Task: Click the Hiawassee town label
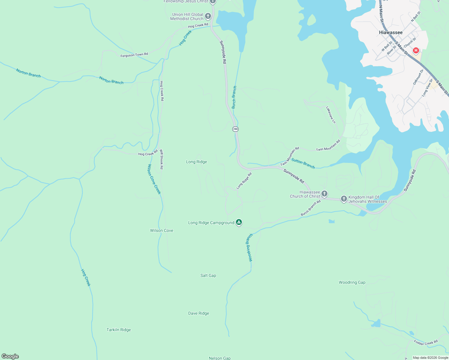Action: [390, 32]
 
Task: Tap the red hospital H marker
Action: [416, 50]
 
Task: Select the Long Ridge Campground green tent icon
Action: [239, 222]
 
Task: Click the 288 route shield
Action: [235, 129]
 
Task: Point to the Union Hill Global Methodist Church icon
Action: [208, 16]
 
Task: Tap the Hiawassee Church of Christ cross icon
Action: [324, 194]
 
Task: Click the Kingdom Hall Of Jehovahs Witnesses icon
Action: [344, 199]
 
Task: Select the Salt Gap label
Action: [208, 275]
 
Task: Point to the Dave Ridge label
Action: [198, 313]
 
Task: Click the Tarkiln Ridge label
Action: [119, 330]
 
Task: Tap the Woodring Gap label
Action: [352, 282]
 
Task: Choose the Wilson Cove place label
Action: [161, 230]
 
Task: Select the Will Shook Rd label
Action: [161, 159]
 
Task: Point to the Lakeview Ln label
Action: [331, 115]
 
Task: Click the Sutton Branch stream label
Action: [303, 164]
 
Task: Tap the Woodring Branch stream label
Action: [249, 248]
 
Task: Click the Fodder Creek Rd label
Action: [426, 342]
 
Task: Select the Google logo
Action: [10, 356]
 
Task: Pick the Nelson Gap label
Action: [220, 358]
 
